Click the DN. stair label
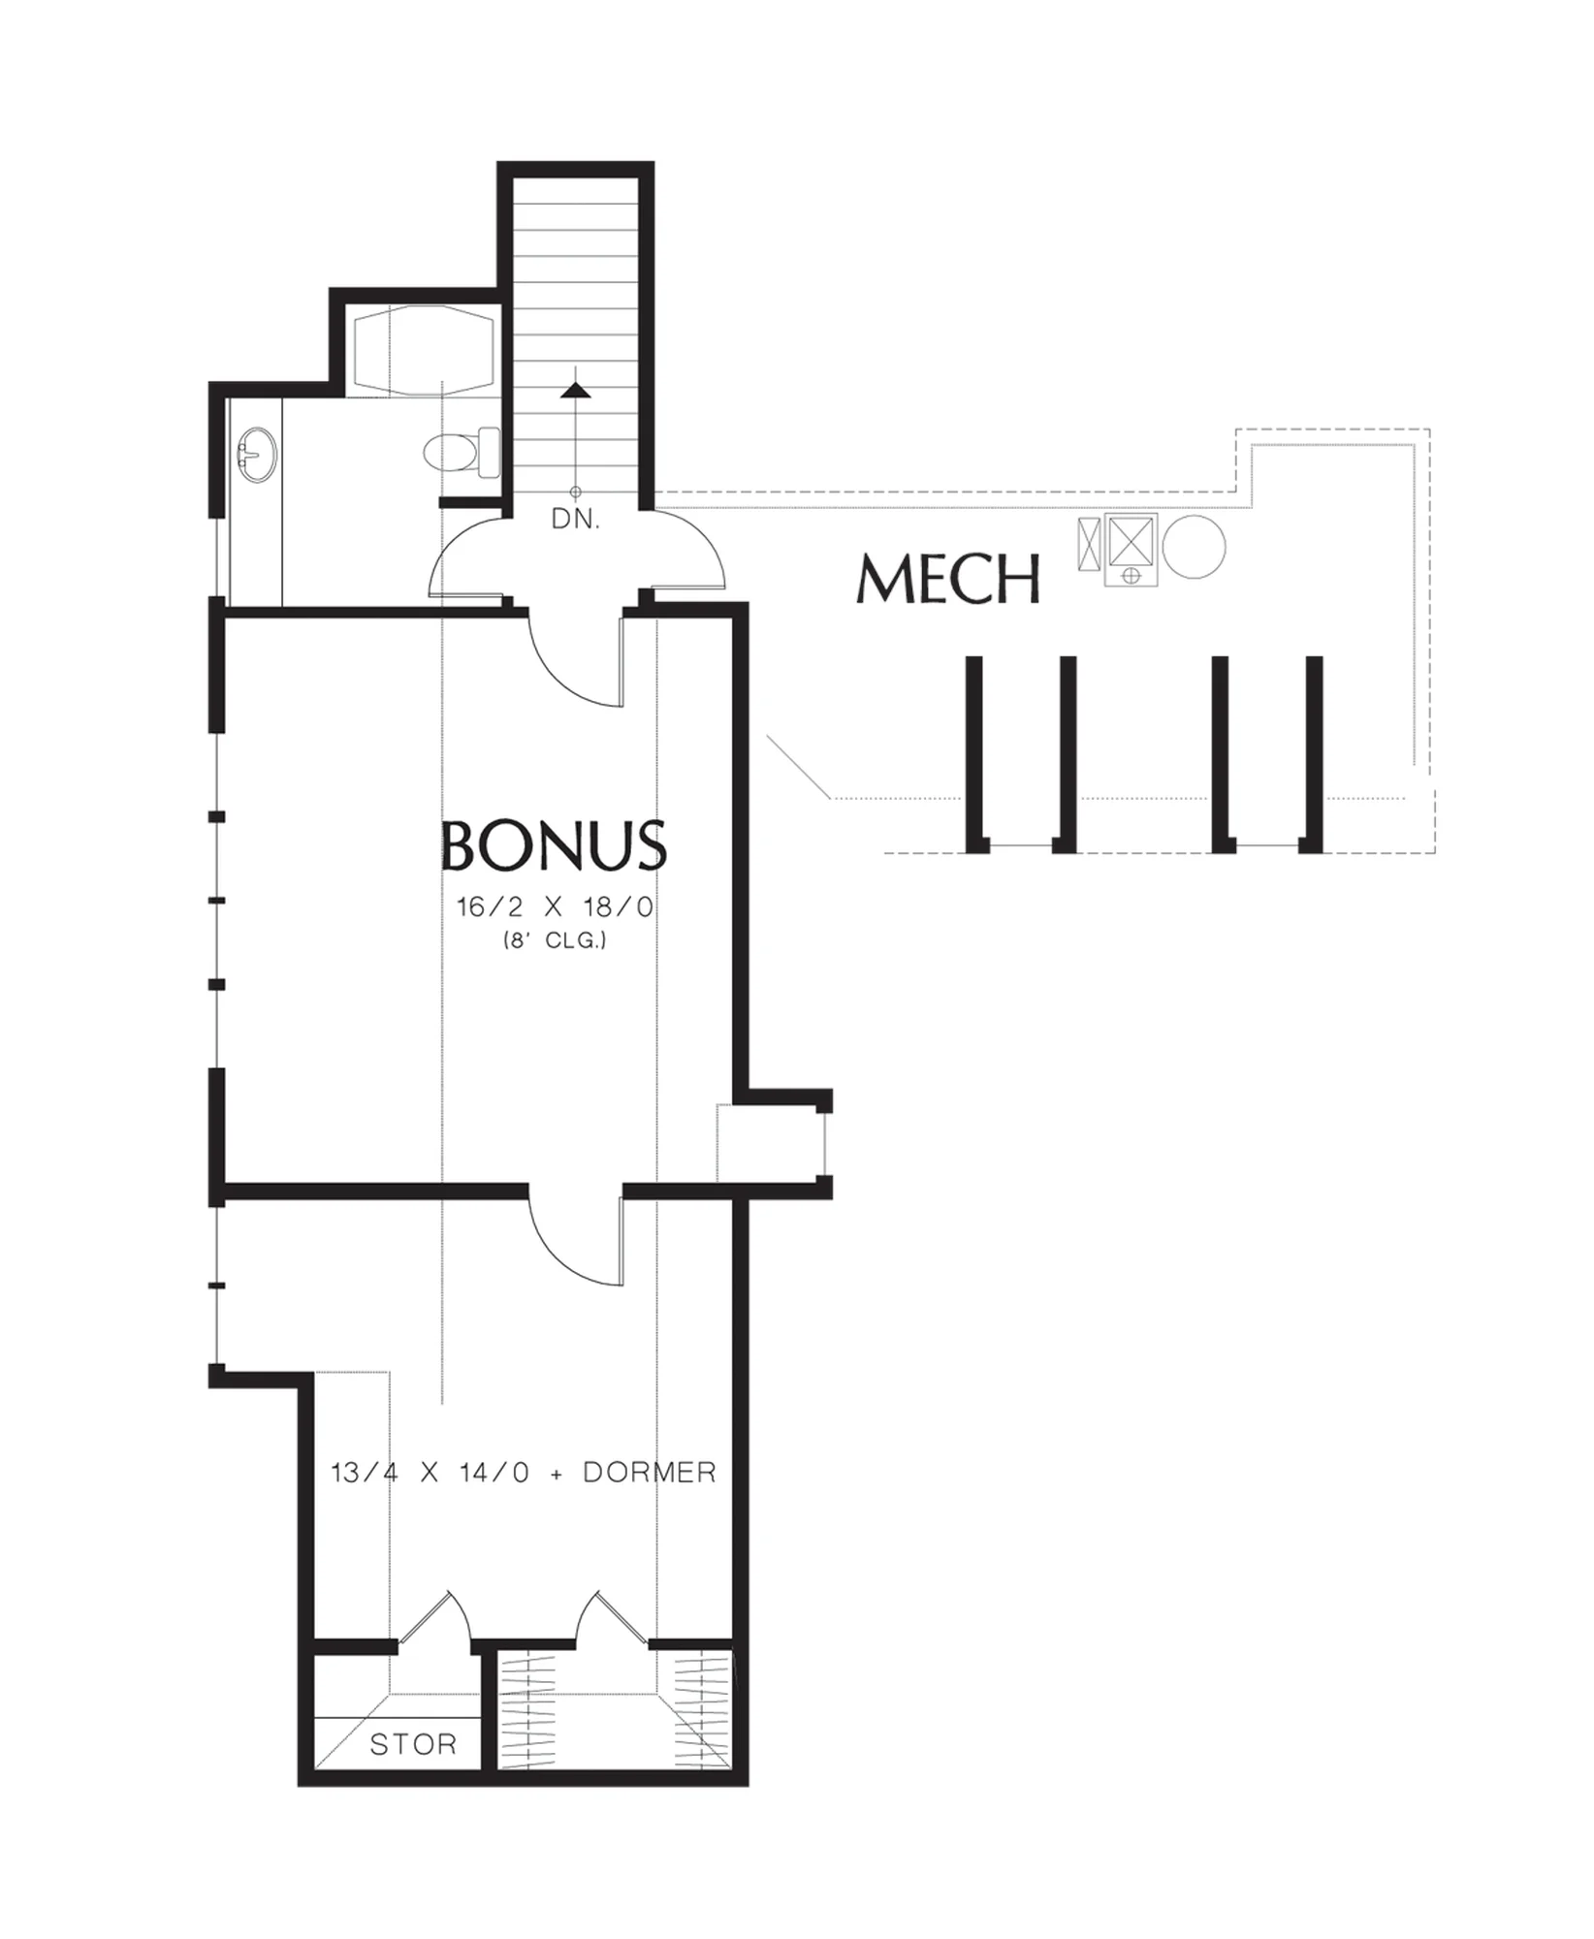[576, 520]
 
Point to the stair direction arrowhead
[576, 390]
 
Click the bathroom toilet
[462, 451]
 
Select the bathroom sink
[257, 456]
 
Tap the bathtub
[423, 351]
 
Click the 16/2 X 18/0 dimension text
[556, 907]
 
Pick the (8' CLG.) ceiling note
[555, 939]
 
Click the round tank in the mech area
[1194, 547]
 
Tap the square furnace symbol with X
[1132, 539]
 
